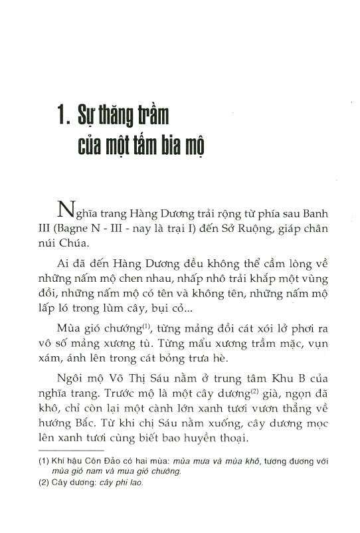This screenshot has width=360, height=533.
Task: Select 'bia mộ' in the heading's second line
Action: click(x=179, y=147)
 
